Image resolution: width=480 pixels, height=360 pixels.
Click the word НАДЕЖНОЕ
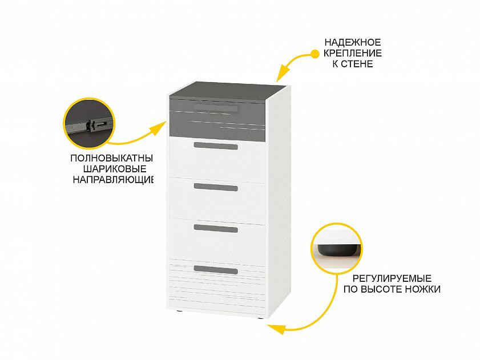353,42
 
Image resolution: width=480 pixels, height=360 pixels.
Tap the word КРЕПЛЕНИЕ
353,53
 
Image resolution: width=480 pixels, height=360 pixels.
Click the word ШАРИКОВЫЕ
115,169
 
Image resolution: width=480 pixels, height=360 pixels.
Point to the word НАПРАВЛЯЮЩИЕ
113,179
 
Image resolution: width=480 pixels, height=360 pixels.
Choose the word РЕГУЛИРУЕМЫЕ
392,278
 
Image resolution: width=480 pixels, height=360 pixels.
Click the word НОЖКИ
423,289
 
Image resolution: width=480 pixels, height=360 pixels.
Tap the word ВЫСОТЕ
382,289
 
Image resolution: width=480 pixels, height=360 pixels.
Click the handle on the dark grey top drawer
216,108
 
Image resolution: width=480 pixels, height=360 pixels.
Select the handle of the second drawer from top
216,146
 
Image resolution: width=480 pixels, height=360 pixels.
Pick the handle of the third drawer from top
216,187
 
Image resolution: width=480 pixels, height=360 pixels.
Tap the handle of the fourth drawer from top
216,228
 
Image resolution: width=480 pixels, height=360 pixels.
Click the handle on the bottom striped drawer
216,270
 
